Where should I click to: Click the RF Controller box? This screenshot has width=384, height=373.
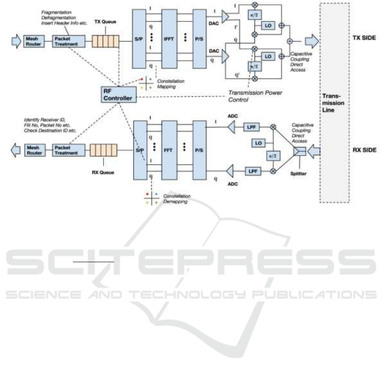point(117,94)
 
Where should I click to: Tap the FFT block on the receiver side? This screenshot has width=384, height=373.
point(169,150)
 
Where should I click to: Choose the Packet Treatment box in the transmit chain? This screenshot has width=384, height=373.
point(64,41)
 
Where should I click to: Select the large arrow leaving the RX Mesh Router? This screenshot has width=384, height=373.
point(15,150)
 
